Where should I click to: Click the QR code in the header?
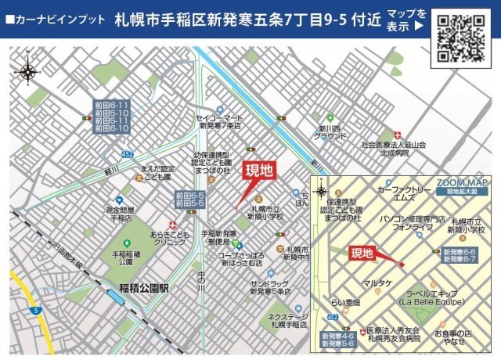[460, 38]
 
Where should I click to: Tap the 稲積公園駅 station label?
[143, 287]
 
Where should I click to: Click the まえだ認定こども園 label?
[157, 173]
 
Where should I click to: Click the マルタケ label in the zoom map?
[377, 283]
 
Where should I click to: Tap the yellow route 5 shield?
[36, 311]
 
